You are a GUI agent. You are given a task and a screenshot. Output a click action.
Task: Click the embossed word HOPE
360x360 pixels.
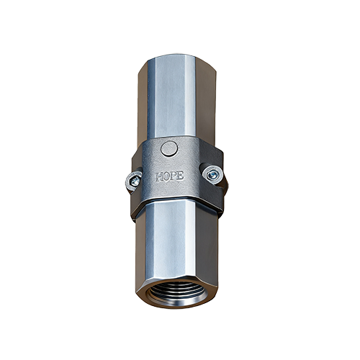click(x=170, y=176)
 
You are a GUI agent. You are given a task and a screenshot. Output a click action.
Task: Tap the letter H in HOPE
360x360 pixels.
click(x=159, y=177)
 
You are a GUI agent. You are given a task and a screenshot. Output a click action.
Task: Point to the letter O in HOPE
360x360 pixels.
click(x=167, y=177)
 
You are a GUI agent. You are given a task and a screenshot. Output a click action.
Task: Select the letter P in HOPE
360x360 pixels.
click(x=174, y=176)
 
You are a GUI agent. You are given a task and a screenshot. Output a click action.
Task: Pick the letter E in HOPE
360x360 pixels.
click(x=181, y=176)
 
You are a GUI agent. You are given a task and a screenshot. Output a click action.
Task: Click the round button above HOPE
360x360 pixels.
click(x=169, y=149)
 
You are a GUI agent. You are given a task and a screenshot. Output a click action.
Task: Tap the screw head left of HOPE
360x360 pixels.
click(x=133, y=181)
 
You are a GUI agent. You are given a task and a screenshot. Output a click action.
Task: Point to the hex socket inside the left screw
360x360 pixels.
click(x=135, y=181)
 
